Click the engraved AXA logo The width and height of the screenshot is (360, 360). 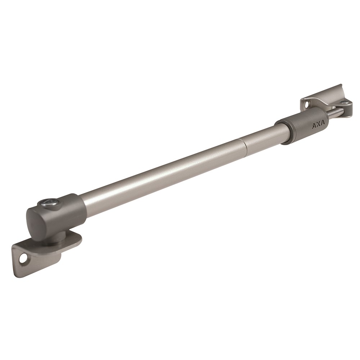coord(318,125)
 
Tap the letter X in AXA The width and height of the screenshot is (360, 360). coord(318,125)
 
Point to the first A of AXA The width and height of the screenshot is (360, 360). coord(314,126)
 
